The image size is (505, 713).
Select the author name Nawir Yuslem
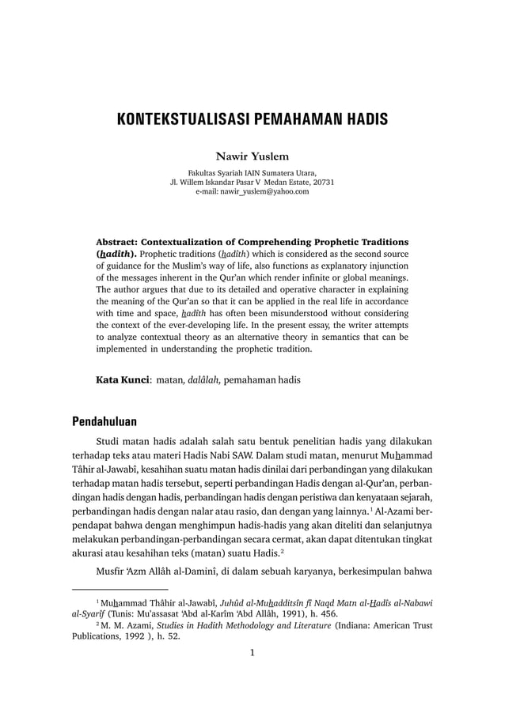click(x=252, y=156)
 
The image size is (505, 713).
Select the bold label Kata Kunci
click(x=122, y=379)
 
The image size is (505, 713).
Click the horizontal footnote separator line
click(x=120, y=589)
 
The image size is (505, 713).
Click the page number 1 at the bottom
click(x=252, y=653)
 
